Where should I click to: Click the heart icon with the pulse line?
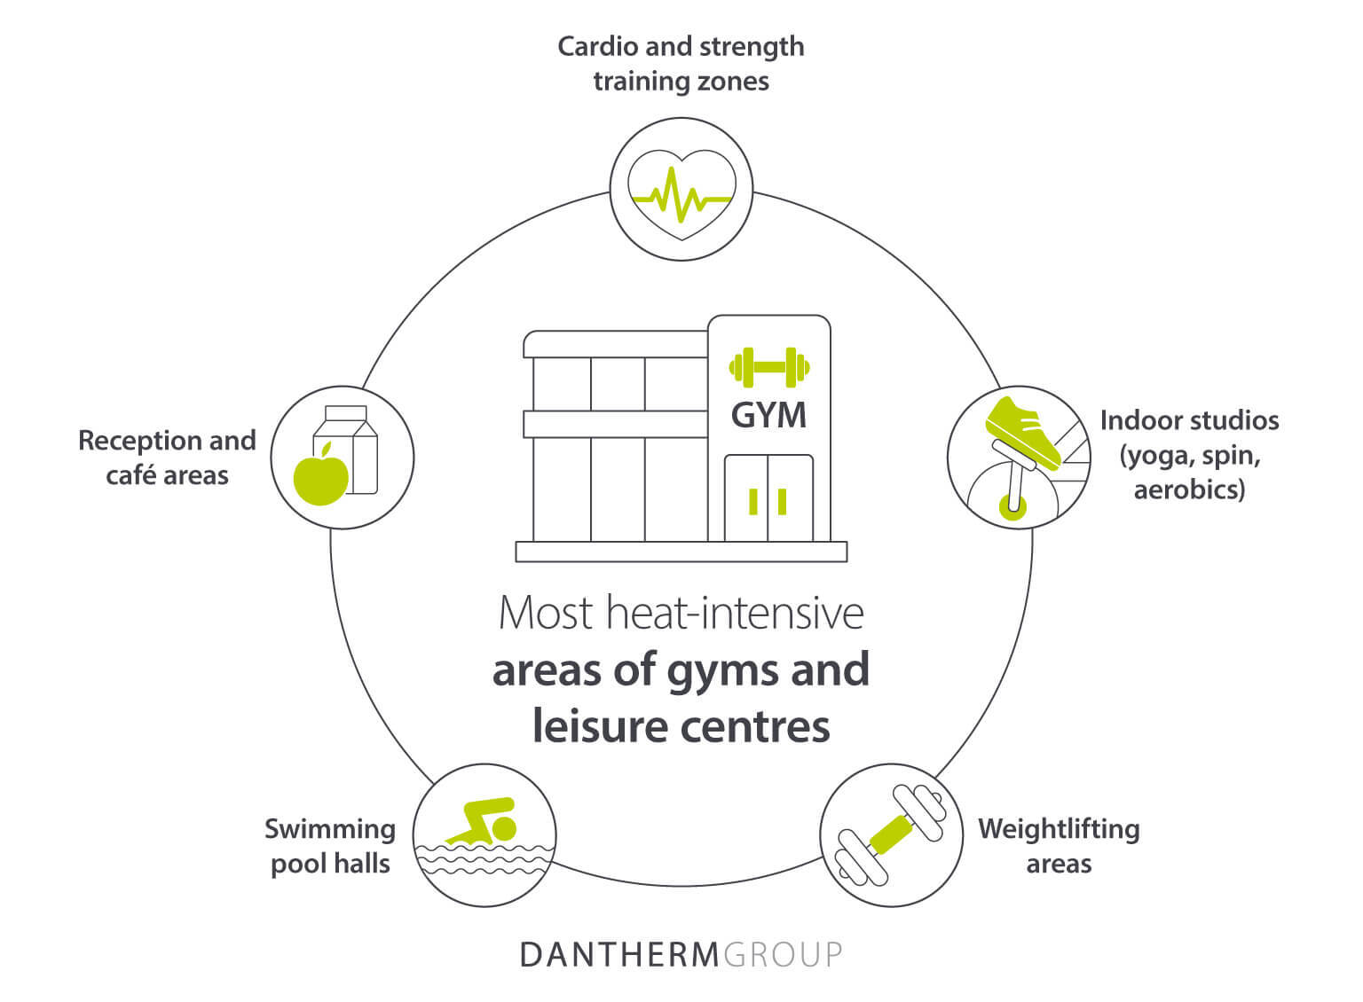[681, 191]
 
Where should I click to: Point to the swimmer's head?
[503, 828]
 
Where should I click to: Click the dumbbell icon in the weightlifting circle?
[890, 834]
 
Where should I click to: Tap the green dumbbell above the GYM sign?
[768, 367]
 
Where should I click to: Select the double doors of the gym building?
[768, 497]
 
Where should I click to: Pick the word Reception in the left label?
[133, 441]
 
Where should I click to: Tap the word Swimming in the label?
[329, 829]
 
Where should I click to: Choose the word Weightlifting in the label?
[1059, 829]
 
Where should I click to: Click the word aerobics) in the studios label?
[1189, 489]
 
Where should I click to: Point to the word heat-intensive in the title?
[735, 613]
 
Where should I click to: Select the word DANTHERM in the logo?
[619, 954]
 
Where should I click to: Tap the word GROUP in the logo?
[783, 954]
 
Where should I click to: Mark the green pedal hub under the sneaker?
[1012, 507]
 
